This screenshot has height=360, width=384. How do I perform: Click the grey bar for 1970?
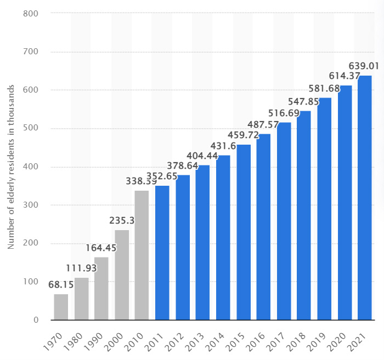click(61, 307)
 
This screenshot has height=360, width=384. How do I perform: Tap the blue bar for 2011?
click(162, 253)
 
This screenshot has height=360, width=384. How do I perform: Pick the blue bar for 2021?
click(365, 197)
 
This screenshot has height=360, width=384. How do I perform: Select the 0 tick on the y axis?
click(34, 320)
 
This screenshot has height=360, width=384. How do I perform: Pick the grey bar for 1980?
click(81, 299)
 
